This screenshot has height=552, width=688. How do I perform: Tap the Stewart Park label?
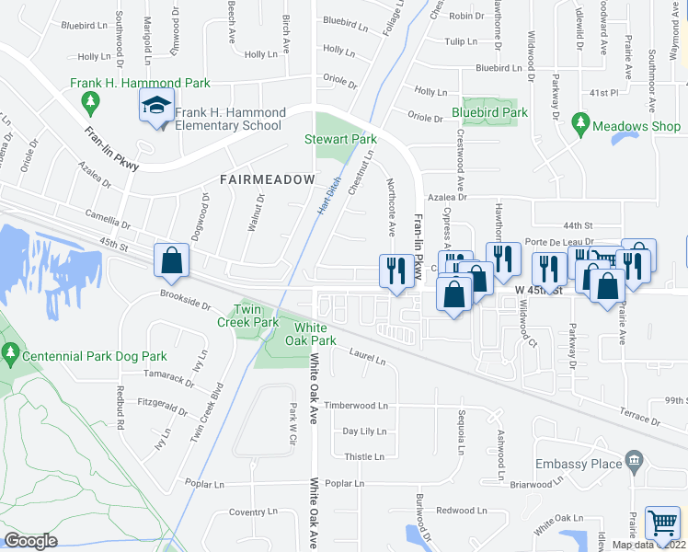pos(341,140)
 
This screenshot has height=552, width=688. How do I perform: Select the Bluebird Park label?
pos(489,113)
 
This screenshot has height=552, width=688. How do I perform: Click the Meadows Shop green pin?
pos(579,121)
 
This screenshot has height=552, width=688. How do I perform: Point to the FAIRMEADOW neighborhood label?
pos(266,178)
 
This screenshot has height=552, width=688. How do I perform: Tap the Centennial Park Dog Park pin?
pos(11,352)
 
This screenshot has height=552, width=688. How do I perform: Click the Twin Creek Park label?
pos(247,316)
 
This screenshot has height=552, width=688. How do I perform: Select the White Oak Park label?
pos(311,334)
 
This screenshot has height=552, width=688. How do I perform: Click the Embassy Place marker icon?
pos(632,459)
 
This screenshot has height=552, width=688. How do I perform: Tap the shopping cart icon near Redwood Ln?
pos(662,524)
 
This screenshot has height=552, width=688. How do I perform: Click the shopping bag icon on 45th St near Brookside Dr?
pos(172,261)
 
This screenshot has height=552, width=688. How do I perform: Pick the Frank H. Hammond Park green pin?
pos(91,98)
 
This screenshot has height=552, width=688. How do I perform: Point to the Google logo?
pos(30,541)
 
